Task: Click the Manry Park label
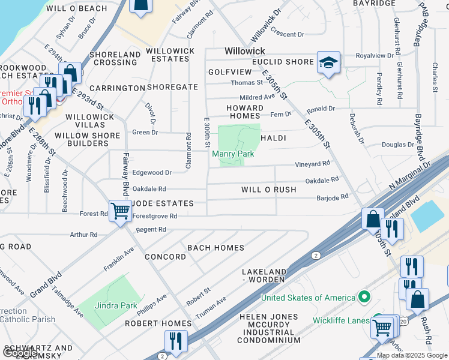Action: (x=233, y=154)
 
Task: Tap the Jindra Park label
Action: (x=116, y=305)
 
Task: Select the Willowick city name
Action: (x=245, y=52)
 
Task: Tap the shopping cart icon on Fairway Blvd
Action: (x=121, y=211)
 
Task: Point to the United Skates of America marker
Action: (x=364, y=298)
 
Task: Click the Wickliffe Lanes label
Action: (x=341, y=320)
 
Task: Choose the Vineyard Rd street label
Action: (x=312, y=164)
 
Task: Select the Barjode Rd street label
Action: (x=333, y=197)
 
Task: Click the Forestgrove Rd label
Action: (x=155, y=216)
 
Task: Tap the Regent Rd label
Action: (x=150, y=230)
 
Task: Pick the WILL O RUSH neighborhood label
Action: (x=269, y=190)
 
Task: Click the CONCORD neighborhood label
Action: (x=166, y=257)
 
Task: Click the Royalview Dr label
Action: (x=375, y=56)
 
